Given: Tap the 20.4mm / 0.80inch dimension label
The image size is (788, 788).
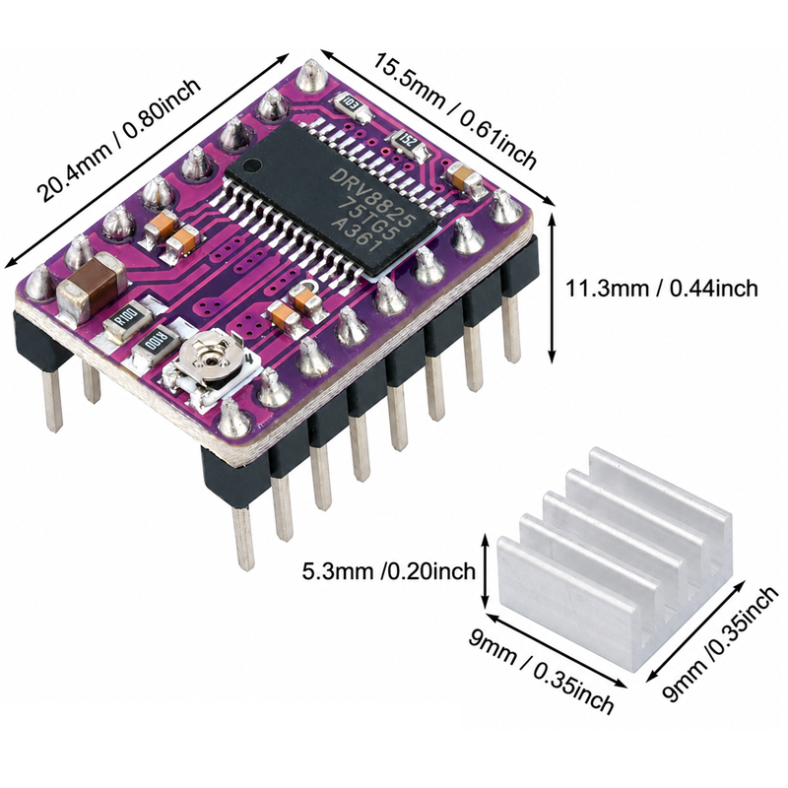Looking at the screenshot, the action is click(x=120, y=140).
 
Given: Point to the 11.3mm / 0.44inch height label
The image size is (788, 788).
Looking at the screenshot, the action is click(x=661, y=289).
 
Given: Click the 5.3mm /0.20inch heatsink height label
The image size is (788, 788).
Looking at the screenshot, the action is click(x=388, y=571).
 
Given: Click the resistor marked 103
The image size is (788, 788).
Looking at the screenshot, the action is click(x=349, y=104).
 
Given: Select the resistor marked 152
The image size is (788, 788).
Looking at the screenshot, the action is click(x=408, y=142).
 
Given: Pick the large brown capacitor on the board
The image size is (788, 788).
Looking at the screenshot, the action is click(x=92, y=287).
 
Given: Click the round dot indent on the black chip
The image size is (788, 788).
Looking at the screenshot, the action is click(x=253, y=164).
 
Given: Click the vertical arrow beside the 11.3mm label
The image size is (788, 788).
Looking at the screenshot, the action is click(x=552, y=288).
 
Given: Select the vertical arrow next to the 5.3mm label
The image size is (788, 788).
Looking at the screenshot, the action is click(x=485, y=571).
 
